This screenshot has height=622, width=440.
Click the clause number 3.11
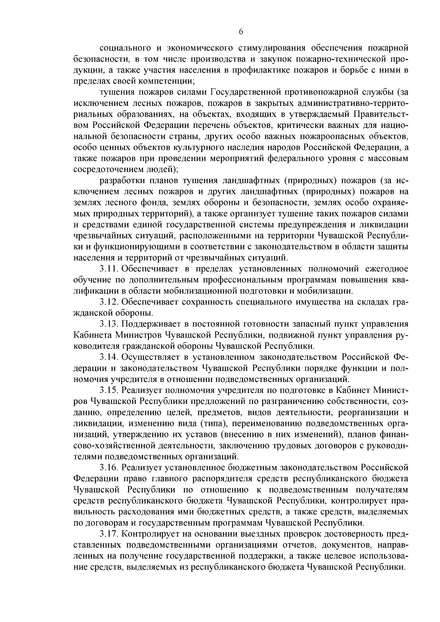(109, 269)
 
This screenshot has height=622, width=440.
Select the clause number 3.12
(109, 302)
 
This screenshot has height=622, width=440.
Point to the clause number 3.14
(109, 357)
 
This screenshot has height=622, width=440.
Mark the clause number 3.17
(109, 533)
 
